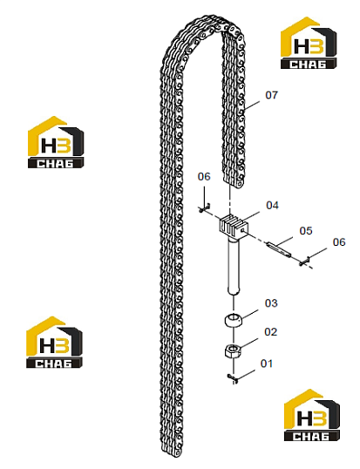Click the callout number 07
[x=271, y=95]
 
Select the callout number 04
[x=272, y=205]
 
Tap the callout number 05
[x=306, y=231]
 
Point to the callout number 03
[x=271, y=303]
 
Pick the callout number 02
[x=270, y=332]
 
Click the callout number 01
[x=267, y=364]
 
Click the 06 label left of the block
[x=204, y=176]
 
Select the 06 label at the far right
[x=339, y=242]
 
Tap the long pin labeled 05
[x=279, y=249]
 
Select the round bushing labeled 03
[x=234, y=320]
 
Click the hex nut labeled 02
[x=233, y=350]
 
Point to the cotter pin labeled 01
[x=233, y=378]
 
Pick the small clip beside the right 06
[x=304, y=262]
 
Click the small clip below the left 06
[x=204, y=207]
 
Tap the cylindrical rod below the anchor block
[x=234, y=266]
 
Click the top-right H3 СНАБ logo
[x=309, y=43]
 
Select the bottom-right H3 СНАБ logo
[x=311, y=415]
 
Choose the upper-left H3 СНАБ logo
[x=56, y=142]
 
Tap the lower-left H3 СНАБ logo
[x=54, y=343]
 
